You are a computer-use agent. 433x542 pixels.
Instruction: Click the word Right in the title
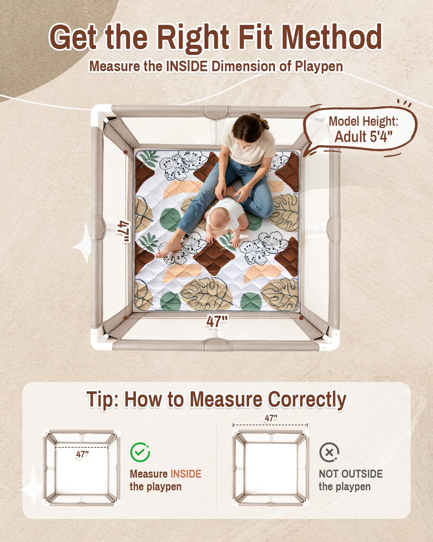tap(193, 38)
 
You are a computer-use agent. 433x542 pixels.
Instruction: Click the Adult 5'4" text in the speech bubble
tap(363, 137)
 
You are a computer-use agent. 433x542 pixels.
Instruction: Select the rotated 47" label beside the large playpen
tap(123, 232)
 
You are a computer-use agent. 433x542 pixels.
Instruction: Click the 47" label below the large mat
tap(217, 321)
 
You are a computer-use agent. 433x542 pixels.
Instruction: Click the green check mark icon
tap(140, 452)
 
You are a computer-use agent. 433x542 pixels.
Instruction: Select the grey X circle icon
tap(329, 452)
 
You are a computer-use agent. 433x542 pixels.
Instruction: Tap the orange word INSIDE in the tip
tap(186, 474)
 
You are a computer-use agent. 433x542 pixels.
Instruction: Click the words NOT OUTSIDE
tap(351, 474)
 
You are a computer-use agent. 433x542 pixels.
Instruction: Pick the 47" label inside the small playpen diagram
tap(82, 454)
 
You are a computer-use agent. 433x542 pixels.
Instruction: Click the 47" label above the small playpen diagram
tap(271, 418)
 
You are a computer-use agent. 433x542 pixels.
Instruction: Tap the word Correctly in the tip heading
tap(307, 400)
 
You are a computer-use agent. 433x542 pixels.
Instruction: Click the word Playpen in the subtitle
tap(319, 66)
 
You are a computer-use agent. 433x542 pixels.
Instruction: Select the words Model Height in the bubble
tap(363, 121)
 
